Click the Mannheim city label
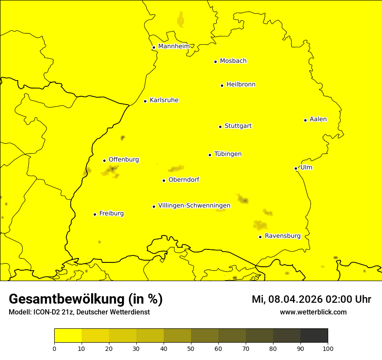pos(174,46)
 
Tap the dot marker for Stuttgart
pos(220,127)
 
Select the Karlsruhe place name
pos(164,100)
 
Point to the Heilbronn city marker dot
pos(222,85)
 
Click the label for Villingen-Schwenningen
pos(194,206)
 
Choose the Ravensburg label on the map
pos(282,236)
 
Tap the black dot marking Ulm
pos(296,168)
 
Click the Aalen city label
pos(318,119)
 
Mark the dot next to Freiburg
pos(95,214)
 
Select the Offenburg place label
pos(123,160)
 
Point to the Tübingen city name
pos(227,154)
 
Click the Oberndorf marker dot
pos(164,180)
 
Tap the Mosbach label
pos(233,61)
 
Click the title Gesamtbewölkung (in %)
pos(86,299)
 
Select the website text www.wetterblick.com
pos(313,312)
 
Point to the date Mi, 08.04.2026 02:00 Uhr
pos(311,299)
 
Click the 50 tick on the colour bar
pos(191,348)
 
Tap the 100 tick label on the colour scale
pos(328,348)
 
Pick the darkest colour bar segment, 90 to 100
pos(314,335)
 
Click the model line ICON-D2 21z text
pos(79,312)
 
